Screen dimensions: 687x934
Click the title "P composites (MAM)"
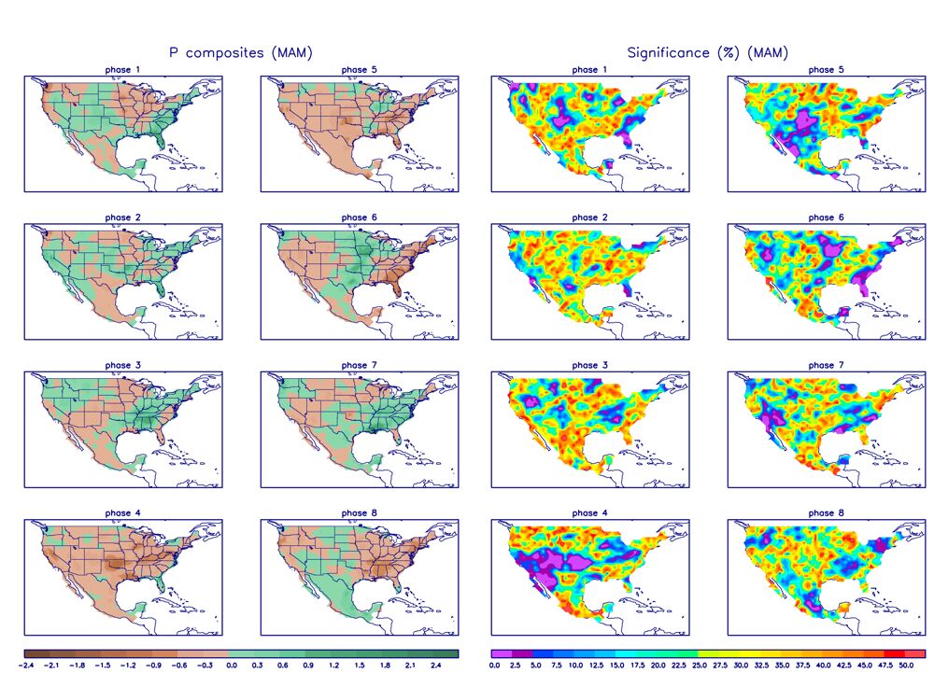pyautogui.click(x=240, y=53)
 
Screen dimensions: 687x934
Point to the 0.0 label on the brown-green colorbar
pyautogui.click(x=232, y=666)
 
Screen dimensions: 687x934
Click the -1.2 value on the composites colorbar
pyautogui.click(x=128, y=666)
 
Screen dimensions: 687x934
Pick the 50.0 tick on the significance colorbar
pyautogui.click(x=905, y=666)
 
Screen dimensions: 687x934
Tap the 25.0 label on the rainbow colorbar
pyautogui.click(x=699, y=666)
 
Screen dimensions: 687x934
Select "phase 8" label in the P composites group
pyautogui.click(x=354, y=512)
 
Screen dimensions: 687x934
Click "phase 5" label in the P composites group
pyautogui.click(x=354, y=70)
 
